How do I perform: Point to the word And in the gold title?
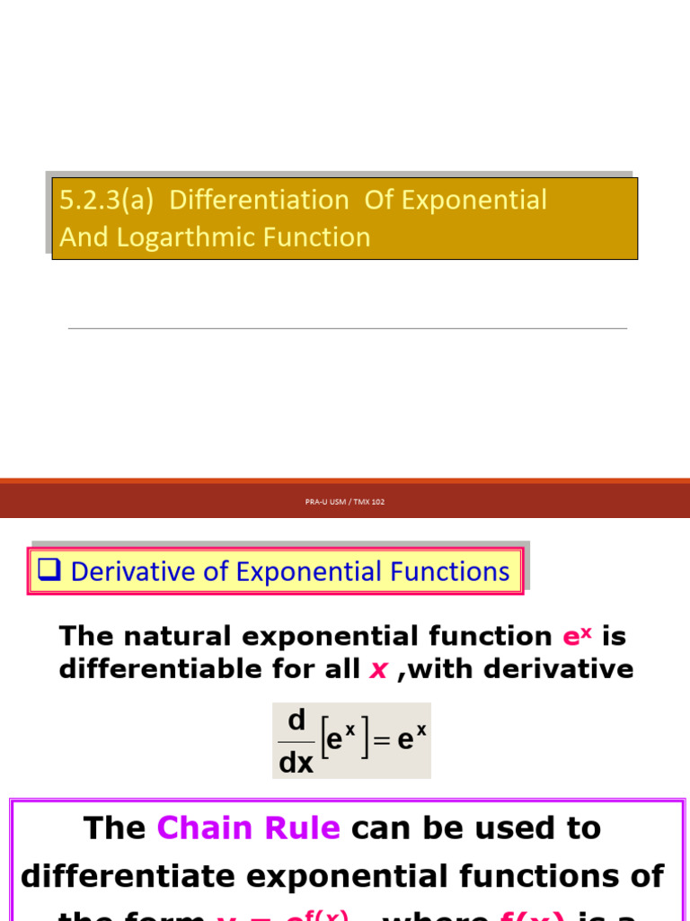[82, 237]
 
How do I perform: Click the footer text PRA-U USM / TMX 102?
[345, 502]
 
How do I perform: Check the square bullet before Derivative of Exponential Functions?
[49, 571]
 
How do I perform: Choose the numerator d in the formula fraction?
[296, 720]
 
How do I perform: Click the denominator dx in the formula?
[296, 763]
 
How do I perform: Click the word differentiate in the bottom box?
[143, 876]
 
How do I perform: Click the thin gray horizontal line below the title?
[347, 328]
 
